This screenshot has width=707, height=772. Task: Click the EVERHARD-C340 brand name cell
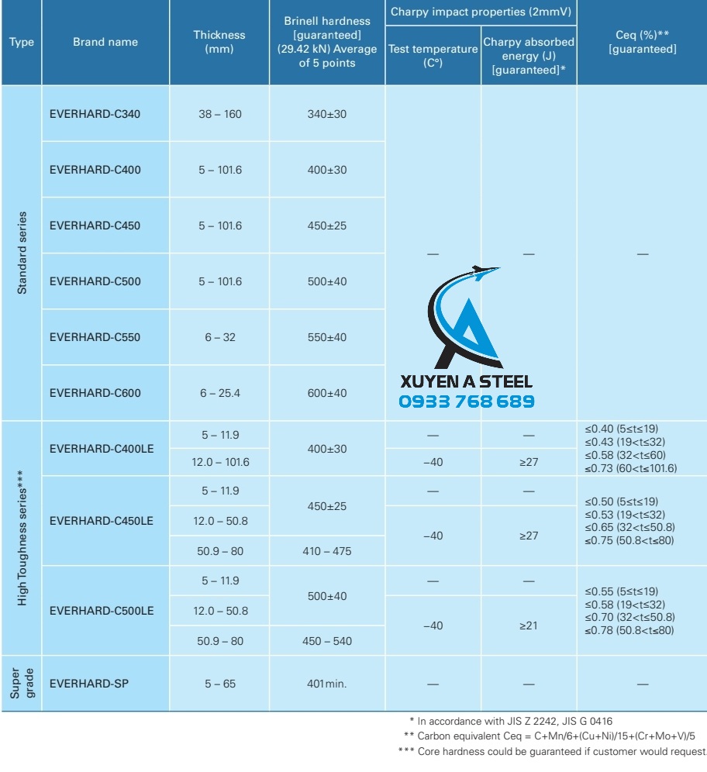click(x=95, y=114)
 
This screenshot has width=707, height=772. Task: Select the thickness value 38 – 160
click(x=219, y=114)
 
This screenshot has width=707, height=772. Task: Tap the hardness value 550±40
click(x=327, y=337)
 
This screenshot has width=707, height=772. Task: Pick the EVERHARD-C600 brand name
click(x=95, y=393)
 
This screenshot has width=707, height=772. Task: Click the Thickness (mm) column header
click(x=219, y=42)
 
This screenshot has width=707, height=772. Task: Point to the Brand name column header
click(x=105, y=42)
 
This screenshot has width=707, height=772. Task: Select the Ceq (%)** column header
click(x=642, y=42)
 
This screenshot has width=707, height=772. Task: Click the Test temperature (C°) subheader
click(x=433, y=56)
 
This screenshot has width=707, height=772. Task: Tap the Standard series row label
click(x=22, y=253)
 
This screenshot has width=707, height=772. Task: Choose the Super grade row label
click(x=22, y=683)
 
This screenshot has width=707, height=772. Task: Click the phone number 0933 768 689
click(x=466, y=402)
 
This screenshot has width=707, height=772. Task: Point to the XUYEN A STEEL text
click(x=466, y=381)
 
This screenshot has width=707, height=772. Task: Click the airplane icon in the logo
click(x=484, y=272)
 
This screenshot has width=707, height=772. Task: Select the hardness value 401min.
click(x=327, y=684)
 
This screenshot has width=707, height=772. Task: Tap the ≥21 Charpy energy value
click(x=528, y=626)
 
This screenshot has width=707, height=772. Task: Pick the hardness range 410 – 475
click(x=327, y=551)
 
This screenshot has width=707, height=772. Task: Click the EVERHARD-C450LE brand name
click(x=101, y=521)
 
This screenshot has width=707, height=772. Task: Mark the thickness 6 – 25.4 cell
click(x=219, y=393)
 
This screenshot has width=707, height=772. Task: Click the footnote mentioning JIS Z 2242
click(x=516, y=721)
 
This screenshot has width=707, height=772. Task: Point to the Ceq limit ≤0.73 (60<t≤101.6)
click(x=631, y=468)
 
